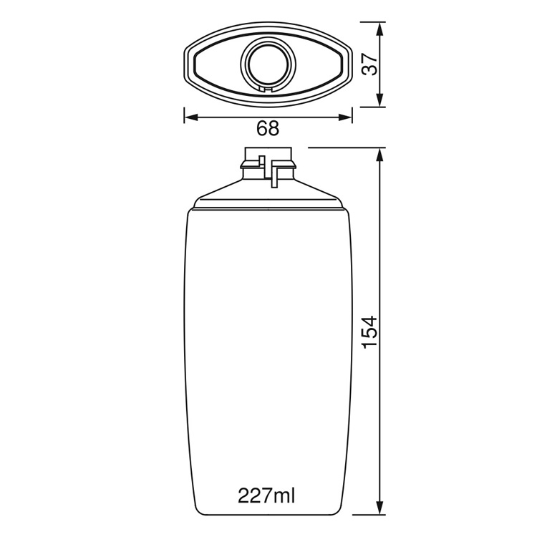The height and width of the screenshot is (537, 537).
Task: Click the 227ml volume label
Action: point(267,495)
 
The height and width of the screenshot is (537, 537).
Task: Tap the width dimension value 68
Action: point(268,129)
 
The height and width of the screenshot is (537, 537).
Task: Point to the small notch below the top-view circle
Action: point(268,89)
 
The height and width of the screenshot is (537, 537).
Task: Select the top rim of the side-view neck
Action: point(268,148)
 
